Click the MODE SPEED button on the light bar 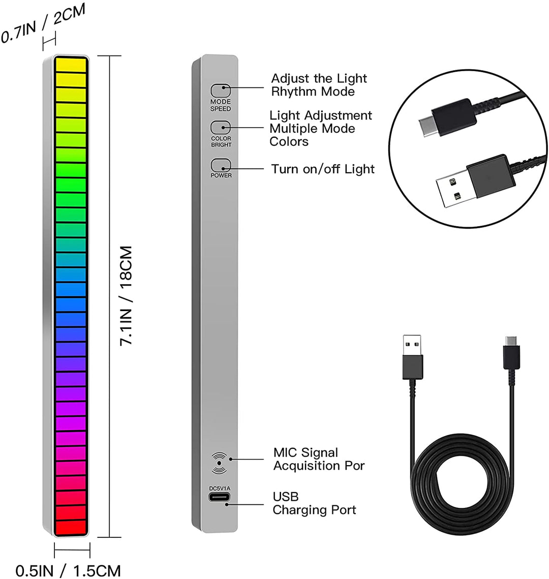tap(220, 90)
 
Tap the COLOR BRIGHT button tap(220, 127)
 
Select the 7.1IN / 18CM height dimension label tap(126, 296)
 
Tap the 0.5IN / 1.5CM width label tap(68, 570)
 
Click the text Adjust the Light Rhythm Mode tap(319, 85)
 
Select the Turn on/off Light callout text tap(323, 169)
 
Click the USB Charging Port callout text tap(314, 503)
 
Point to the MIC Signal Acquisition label tap(319, 459)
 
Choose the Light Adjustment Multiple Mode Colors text tap(321, 129)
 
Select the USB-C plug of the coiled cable tap(510, 347)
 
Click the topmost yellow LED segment tap(71, 64)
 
